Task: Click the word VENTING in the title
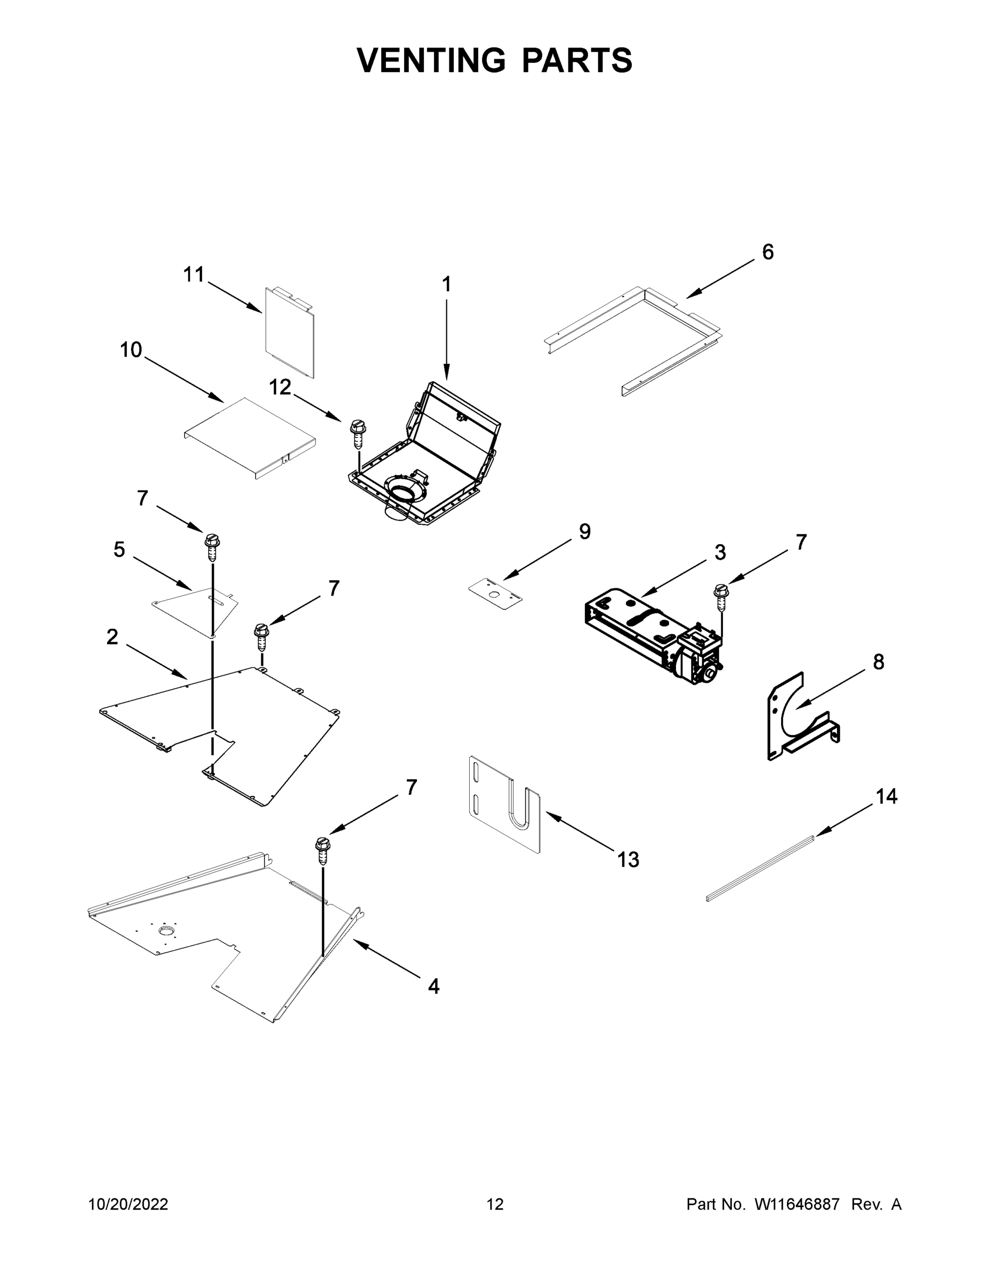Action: (431, 60)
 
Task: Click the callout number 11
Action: (194, 274)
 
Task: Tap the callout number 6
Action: (768, 252)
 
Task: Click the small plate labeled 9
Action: (495, 594)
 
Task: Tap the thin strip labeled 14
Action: (760, 868)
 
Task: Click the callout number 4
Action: (433, 986)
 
